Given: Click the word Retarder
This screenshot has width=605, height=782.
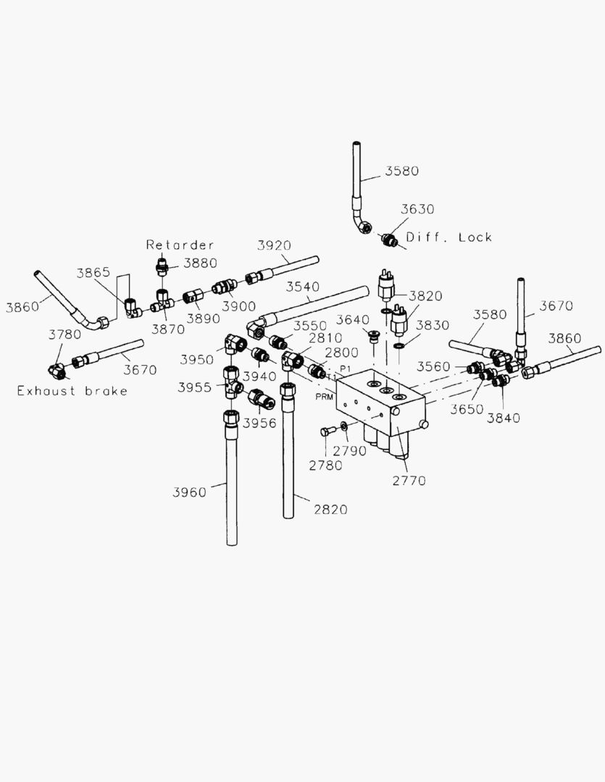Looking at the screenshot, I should pos(180,245).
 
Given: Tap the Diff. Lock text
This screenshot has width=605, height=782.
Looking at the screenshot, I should pos(448,237).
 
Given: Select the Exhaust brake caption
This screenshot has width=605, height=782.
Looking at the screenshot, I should pos(72,391).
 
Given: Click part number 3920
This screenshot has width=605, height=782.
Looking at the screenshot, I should pos(274,245).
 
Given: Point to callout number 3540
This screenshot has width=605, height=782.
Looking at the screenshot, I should pos(302,287).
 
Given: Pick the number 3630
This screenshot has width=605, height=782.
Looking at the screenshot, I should pos(418,209).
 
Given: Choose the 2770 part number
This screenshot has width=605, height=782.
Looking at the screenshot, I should pos(409,480).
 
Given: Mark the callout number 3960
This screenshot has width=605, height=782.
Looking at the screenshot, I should pos(189,492).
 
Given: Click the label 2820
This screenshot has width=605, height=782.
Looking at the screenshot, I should pos(330,509).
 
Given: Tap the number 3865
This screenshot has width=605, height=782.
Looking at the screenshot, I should pos(93,272).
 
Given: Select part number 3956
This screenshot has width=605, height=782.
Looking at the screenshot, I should pos(259,423).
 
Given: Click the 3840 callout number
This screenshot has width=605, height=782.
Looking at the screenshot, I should pos(503,418).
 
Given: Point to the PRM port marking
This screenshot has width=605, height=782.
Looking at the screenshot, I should pos(324,397).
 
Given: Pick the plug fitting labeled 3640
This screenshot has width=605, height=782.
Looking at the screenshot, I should pos(375,337).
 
